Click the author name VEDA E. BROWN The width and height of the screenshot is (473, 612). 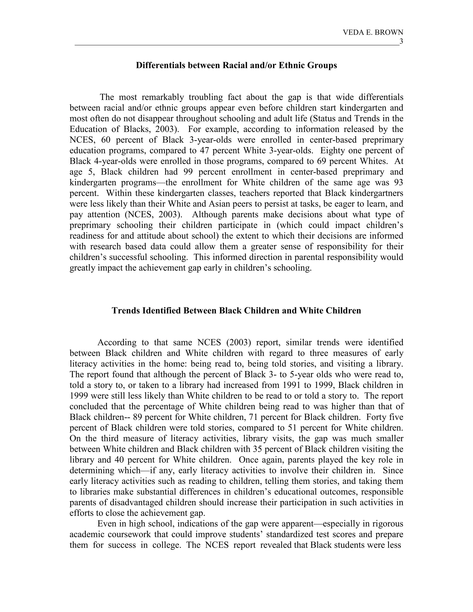pos(373,33)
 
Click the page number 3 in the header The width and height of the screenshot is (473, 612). pos(401,42)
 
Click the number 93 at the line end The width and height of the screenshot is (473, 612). pos(398,182)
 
